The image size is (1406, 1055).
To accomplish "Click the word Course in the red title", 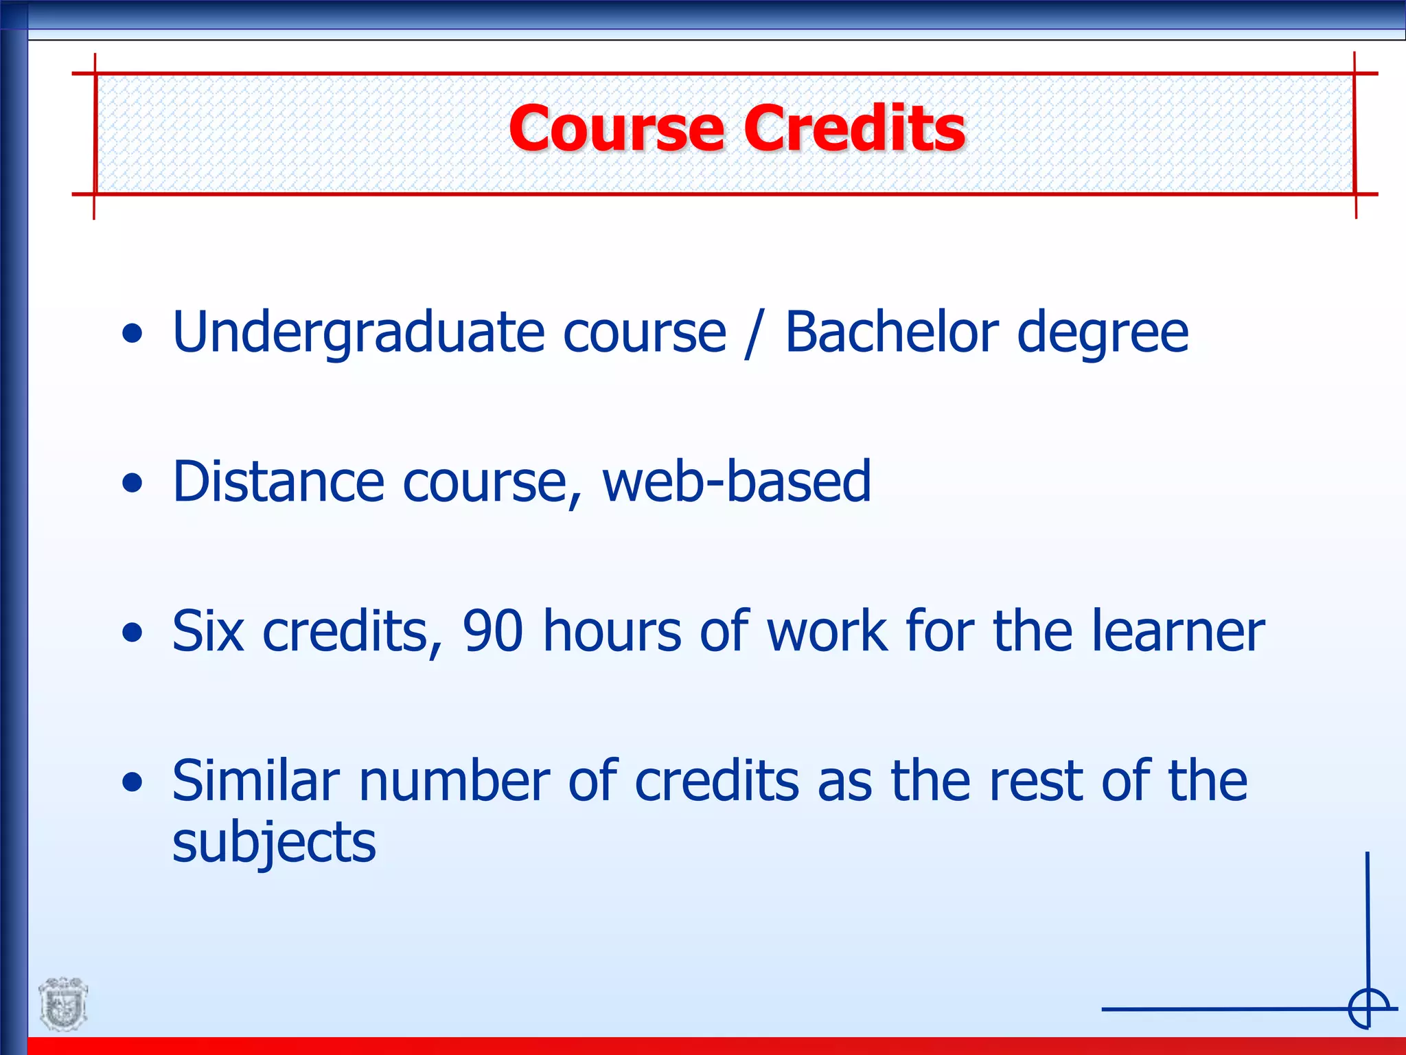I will (616, 128).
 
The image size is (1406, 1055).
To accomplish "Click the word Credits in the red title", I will (855, 128).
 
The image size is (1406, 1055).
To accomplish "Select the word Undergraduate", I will (359, 333).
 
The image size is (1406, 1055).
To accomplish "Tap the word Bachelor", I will (891, 333).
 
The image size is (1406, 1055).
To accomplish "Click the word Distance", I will (278, 481).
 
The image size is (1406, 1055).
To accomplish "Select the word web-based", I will (737, 481).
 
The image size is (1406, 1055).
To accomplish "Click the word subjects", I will (274, 843).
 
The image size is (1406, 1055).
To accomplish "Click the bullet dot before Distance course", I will (132, 484).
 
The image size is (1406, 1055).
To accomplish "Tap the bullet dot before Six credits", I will (132, 633).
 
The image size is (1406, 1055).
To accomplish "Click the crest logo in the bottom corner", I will (63, 1004).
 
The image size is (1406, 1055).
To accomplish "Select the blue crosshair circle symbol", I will (1368, 1009).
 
